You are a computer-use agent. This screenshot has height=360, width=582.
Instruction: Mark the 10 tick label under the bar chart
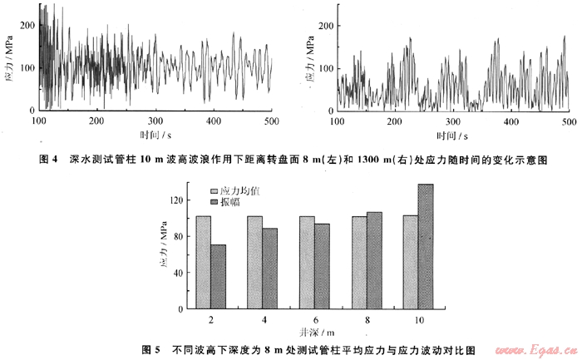pos(418,319)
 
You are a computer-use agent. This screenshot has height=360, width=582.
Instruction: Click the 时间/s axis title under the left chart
pos(155,134)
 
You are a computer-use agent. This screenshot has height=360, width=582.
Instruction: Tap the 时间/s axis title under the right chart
pos(451,134)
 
